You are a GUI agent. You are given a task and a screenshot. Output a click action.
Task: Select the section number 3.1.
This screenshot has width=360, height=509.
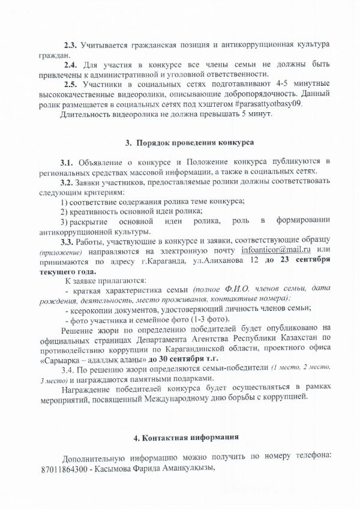point(67,163)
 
